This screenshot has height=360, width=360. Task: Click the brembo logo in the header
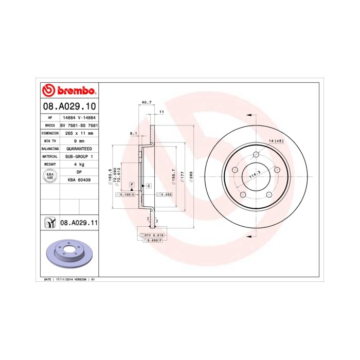click(68, 91)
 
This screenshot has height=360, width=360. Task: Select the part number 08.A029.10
click(68, 106)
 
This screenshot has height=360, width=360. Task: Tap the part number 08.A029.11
click(79, 223)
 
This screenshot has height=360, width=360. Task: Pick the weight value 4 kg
click(78, 164)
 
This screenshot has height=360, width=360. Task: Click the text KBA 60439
click(79, 180)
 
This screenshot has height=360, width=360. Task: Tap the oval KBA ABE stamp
click(50, 175)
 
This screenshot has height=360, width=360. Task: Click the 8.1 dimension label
click(133, 134)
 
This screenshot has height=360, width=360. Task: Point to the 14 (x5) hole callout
click(276, 141)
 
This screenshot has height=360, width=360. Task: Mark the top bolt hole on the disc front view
click(256, 154)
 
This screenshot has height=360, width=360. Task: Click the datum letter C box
click(149, 185)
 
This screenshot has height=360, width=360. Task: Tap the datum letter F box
click(132, 184)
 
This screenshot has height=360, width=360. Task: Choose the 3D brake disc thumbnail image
click(69, 255)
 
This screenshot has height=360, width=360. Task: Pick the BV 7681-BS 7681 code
click(79, 125)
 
